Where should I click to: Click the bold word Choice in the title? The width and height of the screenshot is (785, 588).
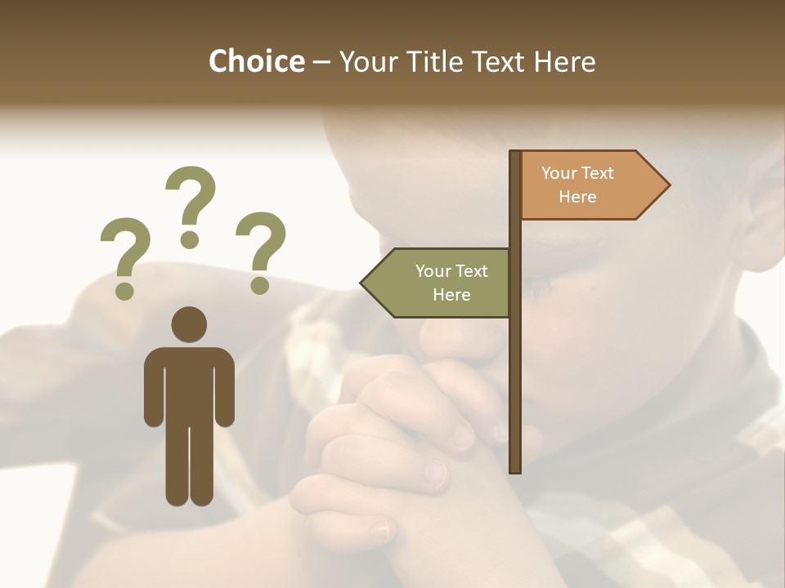(256, 61)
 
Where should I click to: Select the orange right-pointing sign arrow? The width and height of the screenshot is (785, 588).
(589, 185)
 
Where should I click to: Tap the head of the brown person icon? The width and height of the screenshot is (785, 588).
(189, 324)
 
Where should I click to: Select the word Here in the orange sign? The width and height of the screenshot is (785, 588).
(577, 197)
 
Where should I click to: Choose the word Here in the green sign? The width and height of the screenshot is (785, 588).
(451, 295)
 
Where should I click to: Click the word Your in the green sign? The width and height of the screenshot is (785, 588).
(433, 271)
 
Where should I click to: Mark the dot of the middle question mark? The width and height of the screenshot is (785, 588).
(190, 238)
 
